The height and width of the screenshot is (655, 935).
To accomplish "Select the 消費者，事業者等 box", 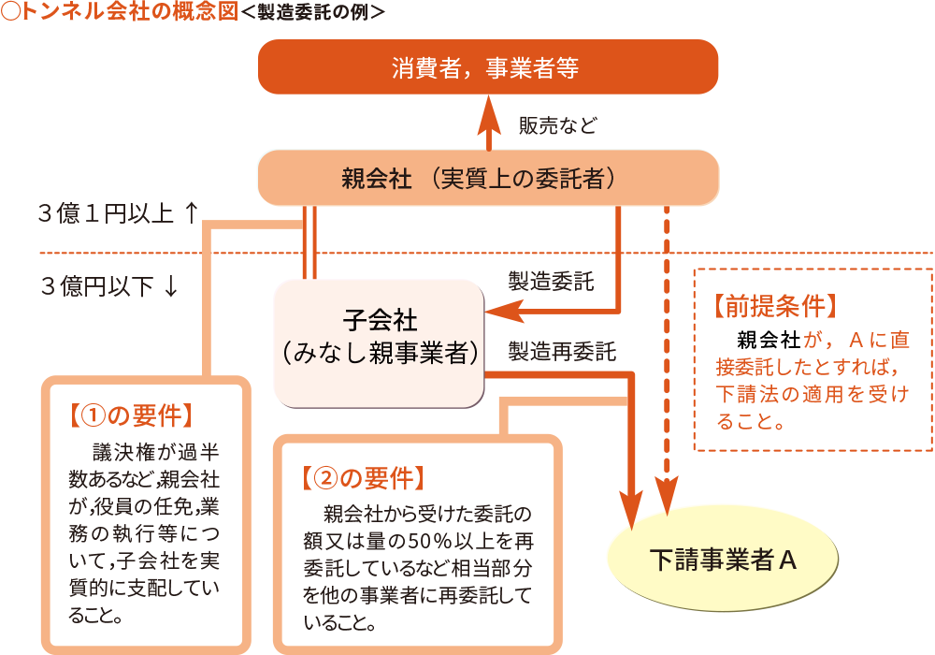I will tap(487, 67).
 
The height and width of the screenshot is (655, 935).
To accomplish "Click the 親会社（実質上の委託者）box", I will tap(487, 178).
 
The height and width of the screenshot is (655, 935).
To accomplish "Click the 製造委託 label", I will tap(550, 282).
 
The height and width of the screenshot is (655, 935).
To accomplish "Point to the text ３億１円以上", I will tap(105, 214).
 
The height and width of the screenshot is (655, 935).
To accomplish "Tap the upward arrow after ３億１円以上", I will tap(190, 214).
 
